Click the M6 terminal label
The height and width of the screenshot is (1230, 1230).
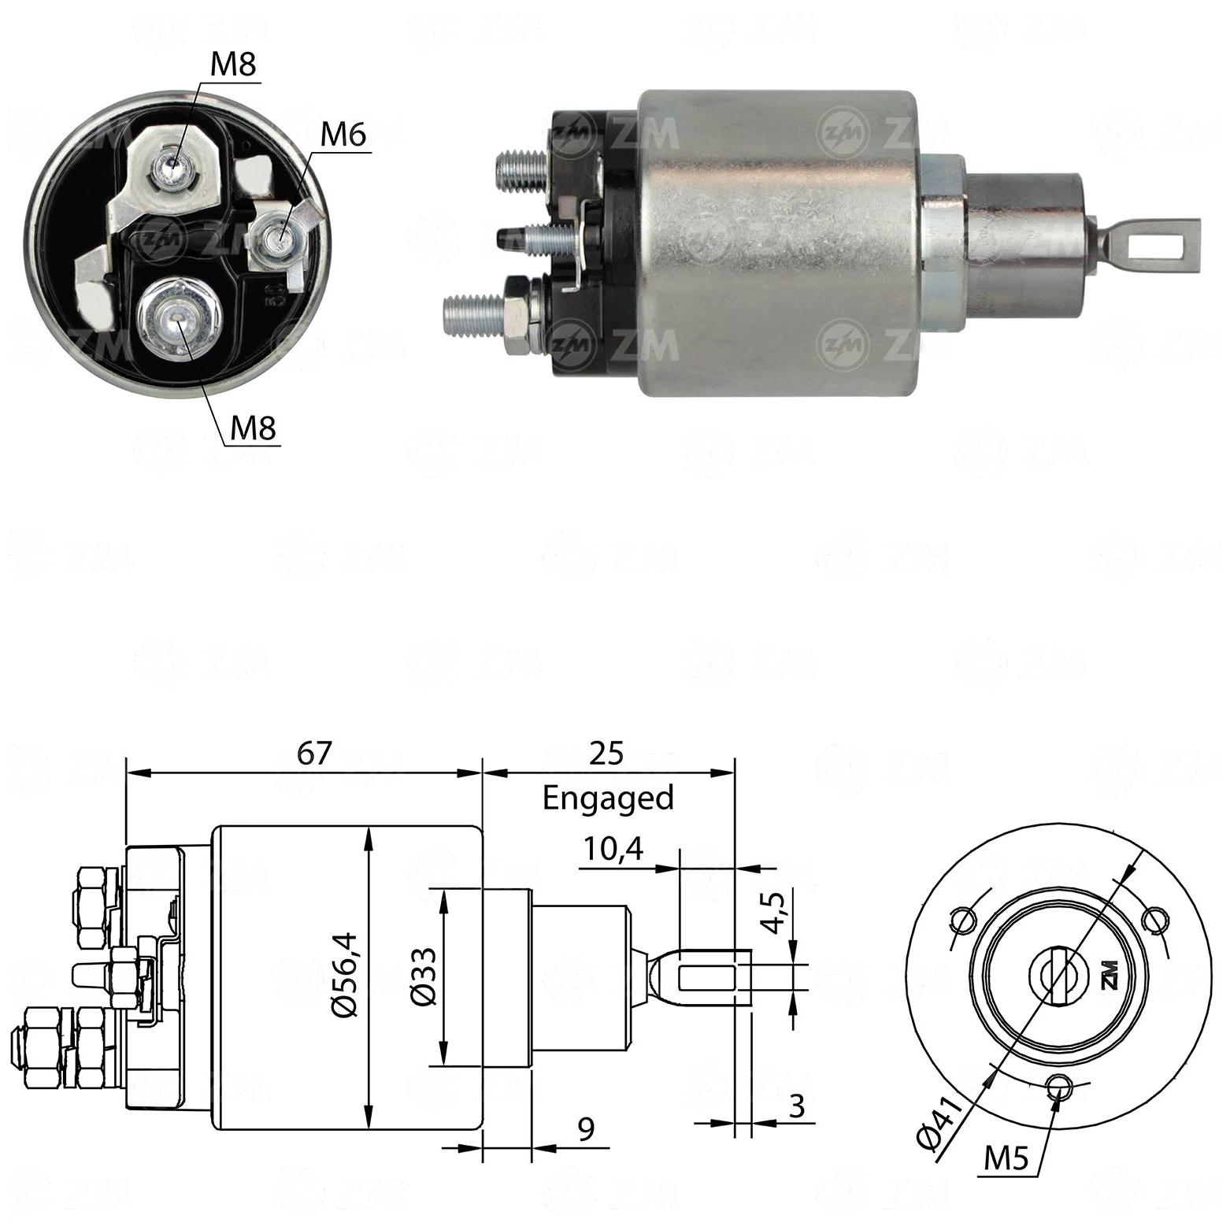coord(343,135)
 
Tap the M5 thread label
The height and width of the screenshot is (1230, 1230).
coord(1006,1158)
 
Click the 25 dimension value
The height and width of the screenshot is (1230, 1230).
coord(606,754)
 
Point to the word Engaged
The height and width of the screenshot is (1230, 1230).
coord(608,798)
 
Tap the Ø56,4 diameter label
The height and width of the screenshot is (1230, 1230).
coord(345,975)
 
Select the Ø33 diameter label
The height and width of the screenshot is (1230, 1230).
coord(423,975)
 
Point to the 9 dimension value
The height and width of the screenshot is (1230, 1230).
coord(586,1130)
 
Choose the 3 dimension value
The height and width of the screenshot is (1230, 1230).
coord(797,1106)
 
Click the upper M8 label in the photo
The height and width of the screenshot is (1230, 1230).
coord(233,64)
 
